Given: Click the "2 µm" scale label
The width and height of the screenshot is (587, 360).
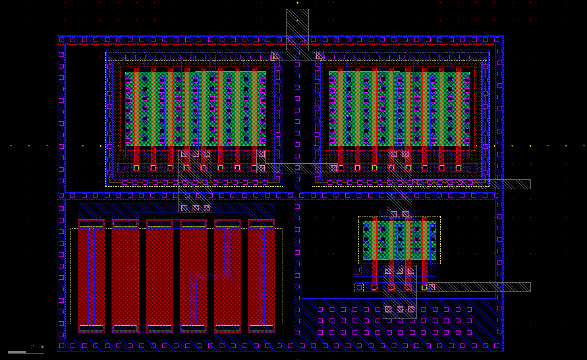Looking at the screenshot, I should (37, 347).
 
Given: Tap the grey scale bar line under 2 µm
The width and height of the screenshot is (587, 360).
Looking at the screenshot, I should (26, 352).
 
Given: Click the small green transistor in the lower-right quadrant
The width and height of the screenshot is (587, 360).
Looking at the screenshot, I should (399, 240).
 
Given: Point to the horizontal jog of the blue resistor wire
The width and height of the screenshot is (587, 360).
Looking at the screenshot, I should (210, 276).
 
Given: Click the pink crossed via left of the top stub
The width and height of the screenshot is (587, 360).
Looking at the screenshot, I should (276, 56).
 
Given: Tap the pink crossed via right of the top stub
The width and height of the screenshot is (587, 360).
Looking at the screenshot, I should (319, 56).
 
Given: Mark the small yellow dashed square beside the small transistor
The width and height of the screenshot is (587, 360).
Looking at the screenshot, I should (359, 287).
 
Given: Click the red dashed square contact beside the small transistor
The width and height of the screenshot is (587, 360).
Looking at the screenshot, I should (357, 270).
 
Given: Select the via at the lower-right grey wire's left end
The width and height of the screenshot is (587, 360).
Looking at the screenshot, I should (431, 287).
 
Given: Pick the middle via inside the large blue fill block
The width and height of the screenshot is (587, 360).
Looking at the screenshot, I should (400, 310).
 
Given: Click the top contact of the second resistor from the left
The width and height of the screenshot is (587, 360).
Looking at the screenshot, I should (125, 224).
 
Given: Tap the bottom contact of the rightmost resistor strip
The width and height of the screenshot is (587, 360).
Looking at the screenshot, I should (261, 328).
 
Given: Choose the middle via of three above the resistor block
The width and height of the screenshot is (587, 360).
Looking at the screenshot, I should (195, 208).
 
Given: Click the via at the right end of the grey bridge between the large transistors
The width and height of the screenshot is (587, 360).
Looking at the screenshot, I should (334, 169).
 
